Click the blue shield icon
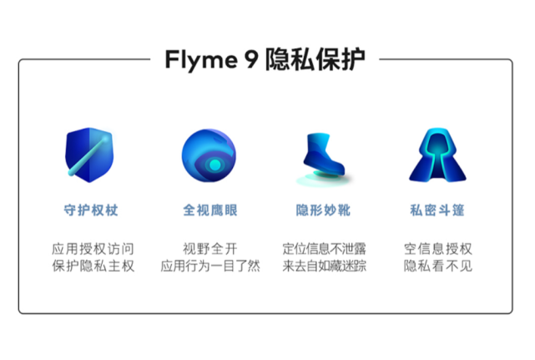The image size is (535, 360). (x=88, y=155)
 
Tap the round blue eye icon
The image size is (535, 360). (x=209, y=156)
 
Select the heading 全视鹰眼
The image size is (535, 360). (x=209, y=210)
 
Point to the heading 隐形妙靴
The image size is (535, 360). (x=325, y=210)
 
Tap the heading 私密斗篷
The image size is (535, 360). (x=438, y=210)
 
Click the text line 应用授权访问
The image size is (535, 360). (x=93, y=249)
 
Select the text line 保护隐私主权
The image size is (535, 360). (x=93, y=266)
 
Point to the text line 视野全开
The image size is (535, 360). (x=209, y=249)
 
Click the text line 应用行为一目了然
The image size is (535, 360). (x=209, y=266)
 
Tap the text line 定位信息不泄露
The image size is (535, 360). (x=325, y=249)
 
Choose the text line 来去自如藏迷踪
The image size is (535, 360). (x=325, y=266)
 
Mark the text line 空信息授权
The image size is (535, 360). (x=438, y=249)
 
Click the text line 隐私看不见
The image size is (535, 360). (x=438, y=266)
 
